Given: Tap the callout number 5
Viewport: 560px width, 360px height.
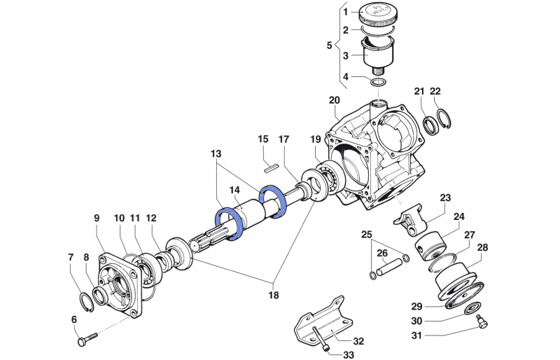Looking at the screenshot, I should (x=330, y=45).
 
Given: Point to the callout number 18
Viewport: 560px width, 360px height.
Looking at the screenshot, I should (x=273, y=295).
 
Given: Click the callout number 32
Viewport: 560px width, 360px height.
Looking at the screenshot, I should (x=358, y=341).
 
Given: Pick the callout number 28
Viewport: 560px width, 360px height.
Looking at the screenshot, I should (x=482, y=248).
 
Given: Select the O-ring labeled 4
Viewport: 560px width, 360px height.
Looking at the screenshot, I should (x=379, y=83).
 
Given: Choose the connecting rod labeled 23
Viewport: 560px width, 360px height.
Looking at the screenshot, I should (x=412, y=218).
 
